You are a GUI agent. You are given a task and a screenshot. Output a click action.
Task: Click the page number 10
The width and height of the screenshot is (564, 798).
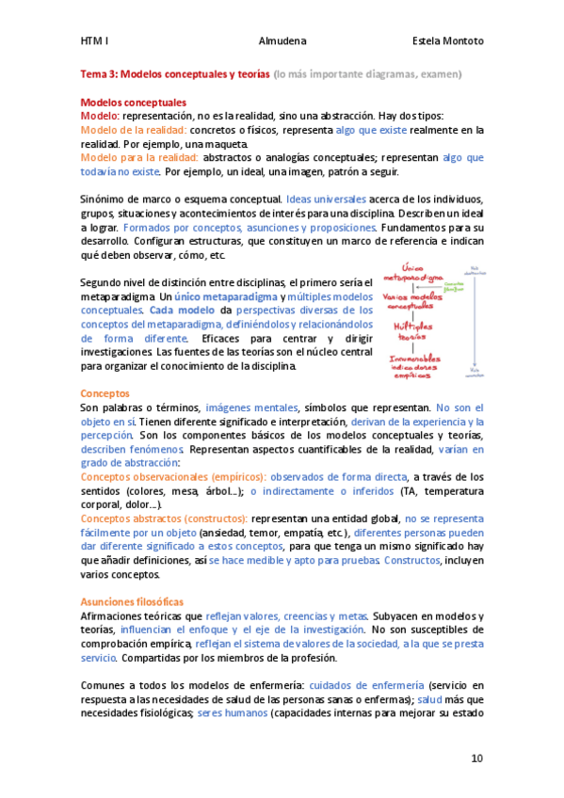click(478, 758)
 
